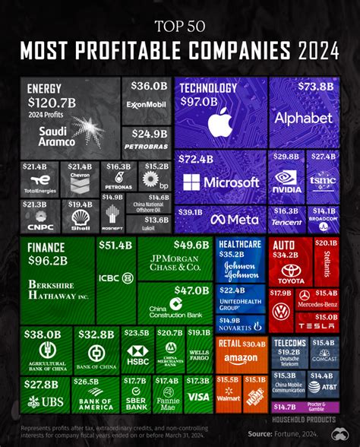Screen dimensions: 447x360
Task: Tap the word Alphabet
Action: coord(304,119)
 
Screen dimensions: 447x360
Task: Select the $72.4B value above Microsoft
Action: coord(197,160)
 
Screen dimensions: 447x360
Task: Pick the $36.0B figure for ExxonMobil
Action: coord(148,86)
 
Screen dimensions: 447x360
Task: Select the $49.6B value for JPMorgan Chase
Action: coord(191,245)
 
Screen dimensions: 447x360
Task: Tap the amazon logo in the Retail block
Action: coord(241,360)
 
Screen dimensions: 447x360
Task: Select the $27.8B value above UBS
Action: coord(39,385)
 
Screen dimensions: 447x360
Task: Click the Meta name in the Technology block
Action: coord(238,219)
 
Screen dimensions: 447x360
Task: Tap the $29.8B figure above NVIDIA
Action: coord(286,156)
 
